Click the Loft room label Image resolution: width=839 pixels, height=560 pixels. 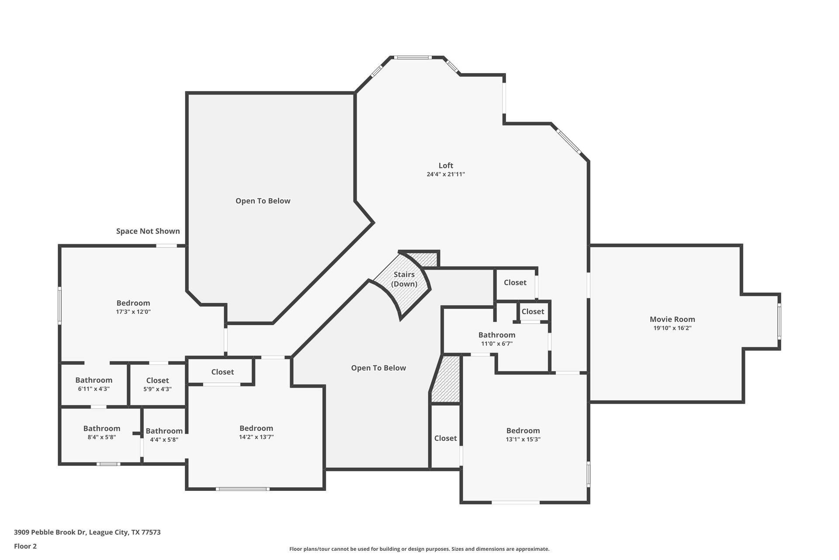[446, 165]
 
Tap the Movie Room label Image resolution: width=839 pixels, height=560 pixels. [672, 319]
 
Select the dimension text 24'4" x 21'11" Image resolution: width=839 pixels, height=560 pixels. [446, 174]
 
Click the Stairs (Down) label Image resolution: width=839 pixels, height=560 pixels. [404, 279]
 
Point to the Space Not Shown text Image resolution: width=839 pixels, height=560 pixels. [148, 231]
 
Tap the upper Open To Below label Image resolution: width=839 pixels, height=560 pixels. [263, 201]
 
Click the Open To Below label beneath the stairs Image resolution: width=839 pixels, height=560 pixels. [378, 368]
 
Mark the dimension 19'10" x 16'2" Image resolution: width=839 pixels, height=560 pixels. [672, 328]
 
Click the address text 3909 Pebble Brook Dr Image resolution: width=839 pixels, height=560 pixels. [87, 532]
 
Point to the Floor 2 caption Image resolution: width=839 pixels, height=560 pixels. [25, 546]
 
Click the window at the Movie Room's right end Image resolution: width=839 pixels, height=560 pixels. [779, 322]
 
